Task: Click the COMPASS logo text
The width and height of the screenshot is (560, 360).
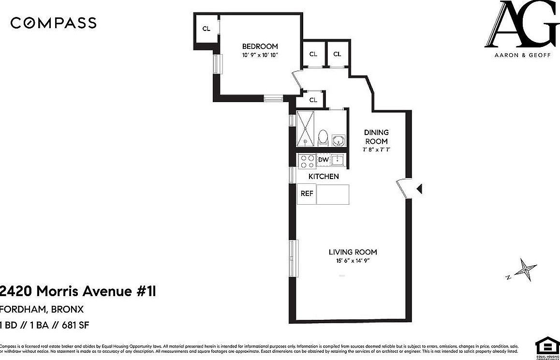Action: point(53,23)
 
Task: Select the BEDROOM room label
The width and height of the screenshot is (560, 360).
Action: point(260,46)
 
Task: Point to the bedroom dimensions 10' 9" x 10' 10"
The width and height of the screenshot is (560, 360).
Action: point(260,55)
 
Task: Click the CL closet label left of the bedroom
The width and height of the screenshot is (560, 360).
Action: point(206,29)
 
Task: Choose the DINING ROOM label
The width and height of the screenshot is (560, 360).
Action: point(376,136)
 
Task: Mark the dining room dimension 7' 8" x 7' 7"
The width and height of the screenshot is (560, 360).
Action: point(376,150)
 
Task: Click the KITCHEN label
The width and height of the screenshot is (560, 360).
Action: point(324,177)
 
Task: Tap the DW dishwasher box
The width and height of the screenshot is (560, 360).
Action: point(324,160)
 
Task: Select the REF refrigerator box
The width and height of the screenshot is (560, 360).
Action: point(307,194)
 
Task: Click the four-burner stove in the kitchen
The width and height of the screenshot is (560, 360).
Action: point(306,160)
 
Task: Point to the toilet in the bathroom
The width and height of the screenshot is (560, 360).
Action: point(324,137)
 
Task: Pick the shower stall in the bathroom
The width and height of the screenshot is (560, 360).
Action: point(305,128)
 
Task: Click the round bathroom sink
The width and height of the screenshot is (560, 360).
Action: point(339,140)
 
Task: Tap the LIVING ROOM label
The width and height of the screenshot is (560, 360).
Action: point(353,252)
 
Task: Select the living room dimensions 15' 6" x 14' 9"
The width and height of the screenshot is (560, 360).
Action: point(353,261)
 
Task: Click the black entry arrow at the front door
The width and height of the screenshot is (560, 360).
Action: point(419,189)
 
